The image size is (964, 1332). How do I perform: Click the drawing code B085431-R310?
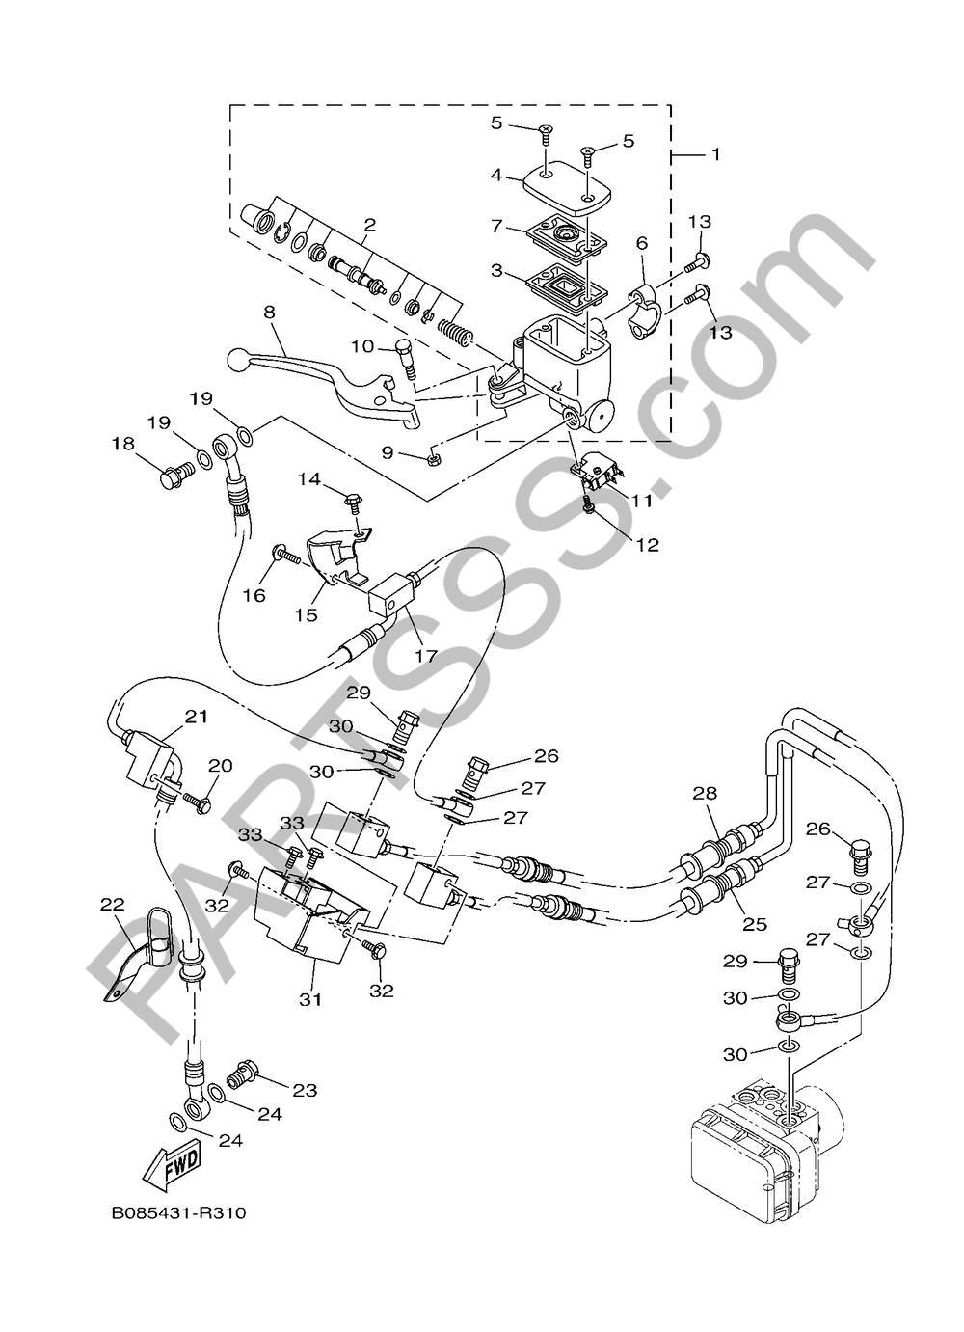(x=178, y=1212)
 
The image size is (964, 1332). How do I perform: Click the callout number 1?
(x=714, y=153)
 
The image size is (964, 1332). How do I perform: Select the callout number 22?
(x=113, y=904)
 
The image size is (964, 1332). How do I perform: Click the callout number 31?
(x=309, y=1000)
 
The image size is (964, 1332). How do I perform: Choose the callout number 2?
(x=368, y=225)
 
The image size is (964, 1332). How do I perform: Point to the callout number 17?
(x=426, y=656)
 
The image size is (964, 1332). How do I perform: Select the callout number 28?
(x=705, y=793)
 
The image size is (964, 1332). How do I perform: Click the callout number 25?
(x=755, y=923)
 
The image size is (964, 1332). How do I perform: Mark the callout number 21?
(x=197, y=716)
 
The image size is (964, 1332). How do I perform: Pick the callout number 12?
(x=647, y=545)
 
